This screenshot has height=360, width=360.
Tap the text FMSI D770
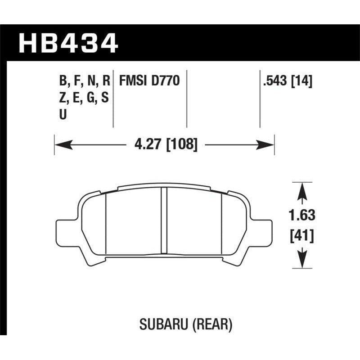(x=149, y=81)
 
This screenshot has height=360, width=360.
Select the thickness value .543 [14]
(x=287, y=81)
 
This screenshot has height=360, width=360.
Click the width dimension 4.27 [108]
(x=166, y=145)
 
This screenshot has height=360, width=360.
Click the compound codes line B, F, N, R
(x=84, y=81)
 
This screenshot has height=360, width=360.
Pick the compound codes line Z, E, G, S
(x=84, y=98)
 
